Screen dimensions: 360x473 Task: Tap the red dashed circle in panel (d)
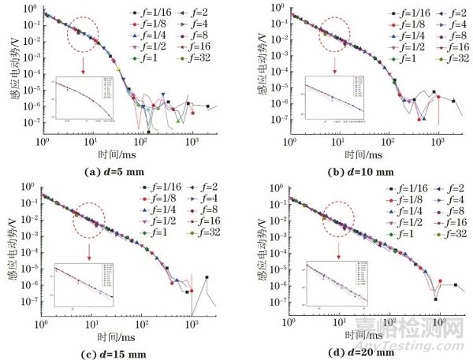338,222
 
